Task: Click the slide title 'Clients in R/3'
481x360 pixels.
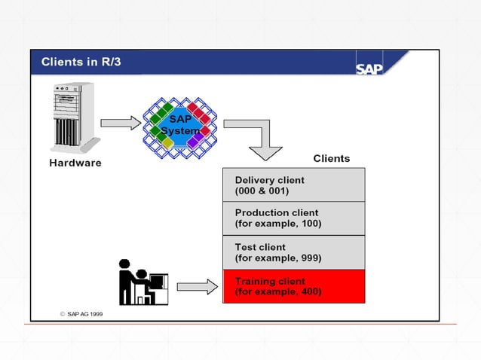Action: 80,62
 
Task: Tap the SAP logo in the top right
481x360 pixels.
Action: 369,68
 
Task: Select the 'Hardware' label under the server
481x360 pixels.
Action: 75,163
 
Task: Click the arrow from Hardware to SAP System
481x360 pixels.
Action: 120,122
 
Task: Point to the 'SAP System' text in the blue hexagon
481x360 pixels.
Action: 180,125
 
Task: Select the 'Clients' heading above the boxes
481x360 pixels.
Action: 331,158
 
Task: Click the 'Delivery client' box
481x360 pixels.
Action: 293,185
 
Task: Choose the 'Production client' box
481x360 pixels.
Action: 293,218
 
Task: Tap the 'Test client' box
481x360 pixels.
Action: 293,252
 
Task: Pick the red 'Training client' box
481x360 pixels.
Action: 293,286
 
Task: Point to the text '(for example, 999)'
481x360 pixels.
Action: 278,258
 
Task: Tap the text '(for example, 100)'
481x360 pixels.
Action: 278,224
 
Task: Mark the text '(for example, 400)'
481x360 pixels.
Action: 278,291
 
